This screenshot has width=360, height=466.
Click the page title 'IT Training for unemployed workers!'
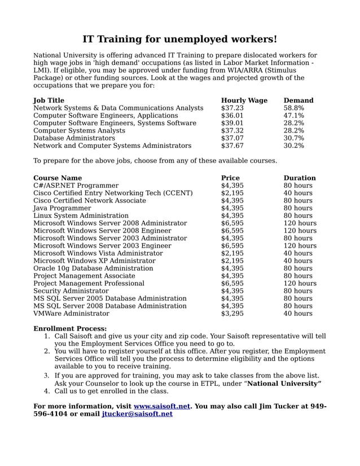(179, 39)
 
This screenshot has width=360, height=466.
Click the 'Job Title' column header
(49, 100)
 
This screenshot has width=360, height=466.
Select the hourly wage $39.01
(232, 123)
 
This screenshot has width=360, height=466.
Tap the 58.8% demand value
(293, 108)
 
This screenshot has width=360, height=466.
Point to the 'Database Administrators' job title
(74, 138)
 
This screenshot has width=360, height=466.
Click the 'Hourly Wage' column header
(244, 100)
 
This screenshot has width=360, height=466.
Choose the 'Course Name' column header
(58, 178)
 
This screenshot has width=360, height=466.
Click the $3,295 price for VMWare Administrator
(232, 314)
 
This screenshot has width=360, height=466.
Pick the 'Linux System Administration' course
(81, 216)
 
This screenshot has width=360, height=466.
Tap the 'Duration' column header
(299, 178)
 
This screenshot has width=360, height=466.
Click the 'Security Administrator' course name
(71, 291)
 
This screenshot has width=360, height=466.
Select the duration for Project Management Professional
(300, 283)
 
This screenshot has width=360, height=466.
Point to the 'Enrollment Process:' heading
(70, 328)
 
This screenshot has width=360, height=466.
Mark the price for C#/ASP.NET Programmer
(232, 186)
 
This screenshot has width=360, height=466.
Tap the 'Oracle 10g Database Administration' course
(93, 269)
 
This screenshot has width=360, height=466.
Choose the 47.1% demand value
(293, 116)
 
